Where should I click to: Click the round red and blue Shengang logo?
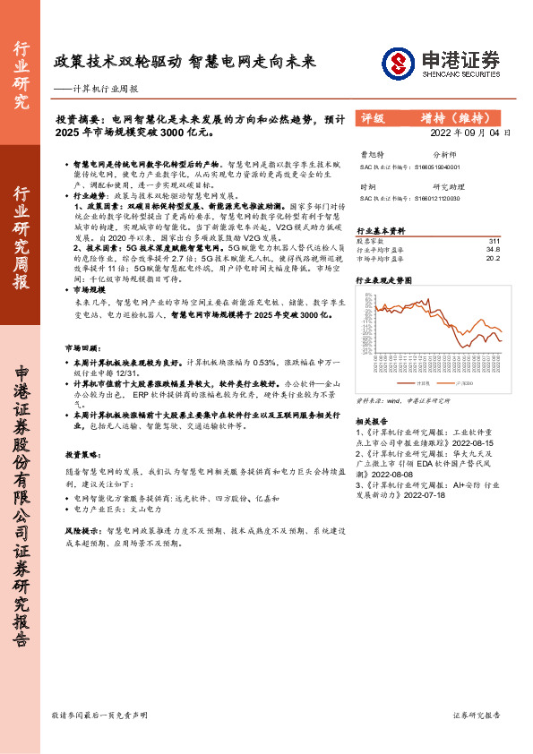coord(399,63)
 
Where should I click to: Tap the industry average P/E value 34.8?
coord(492,249)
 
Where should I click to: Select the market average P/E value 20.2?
coord(492,258)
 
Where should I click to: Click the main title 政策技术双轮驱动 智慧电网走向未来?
coord(185,64)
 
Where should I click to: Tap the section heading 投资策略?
coord(81,454)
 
